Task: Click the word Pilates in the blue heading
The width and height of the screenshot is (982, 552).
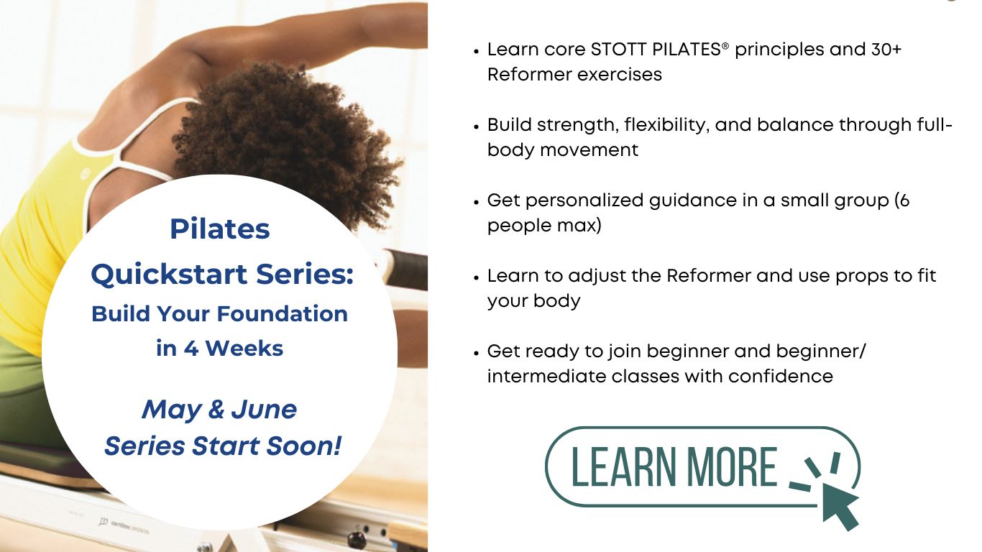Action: pos(220,229)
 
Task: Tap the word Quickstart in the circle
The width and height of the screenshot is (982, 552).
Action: pos(169,275)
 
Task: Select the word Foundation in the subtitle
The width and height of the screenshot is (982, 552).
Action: pos(283,314)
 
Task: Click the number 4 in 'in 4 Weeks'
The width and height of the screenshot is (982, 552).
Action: pos(191,349)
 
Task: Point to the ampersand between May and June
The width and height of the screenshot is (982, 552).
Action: pos(216,409)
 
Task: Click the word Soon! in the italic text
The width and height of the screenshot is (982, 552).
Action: pos(304,446)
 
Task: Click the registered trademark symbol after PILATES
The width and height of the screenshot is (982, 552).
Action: pos(725,45)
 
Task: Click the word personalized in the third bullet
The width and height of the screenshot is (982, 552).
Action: pos(585,201)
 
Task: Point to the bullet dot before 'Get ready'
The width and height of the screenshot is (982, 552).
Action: pos(477,353)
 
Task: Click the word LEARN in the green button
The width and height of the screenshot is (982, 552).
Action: pos(623,467)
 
